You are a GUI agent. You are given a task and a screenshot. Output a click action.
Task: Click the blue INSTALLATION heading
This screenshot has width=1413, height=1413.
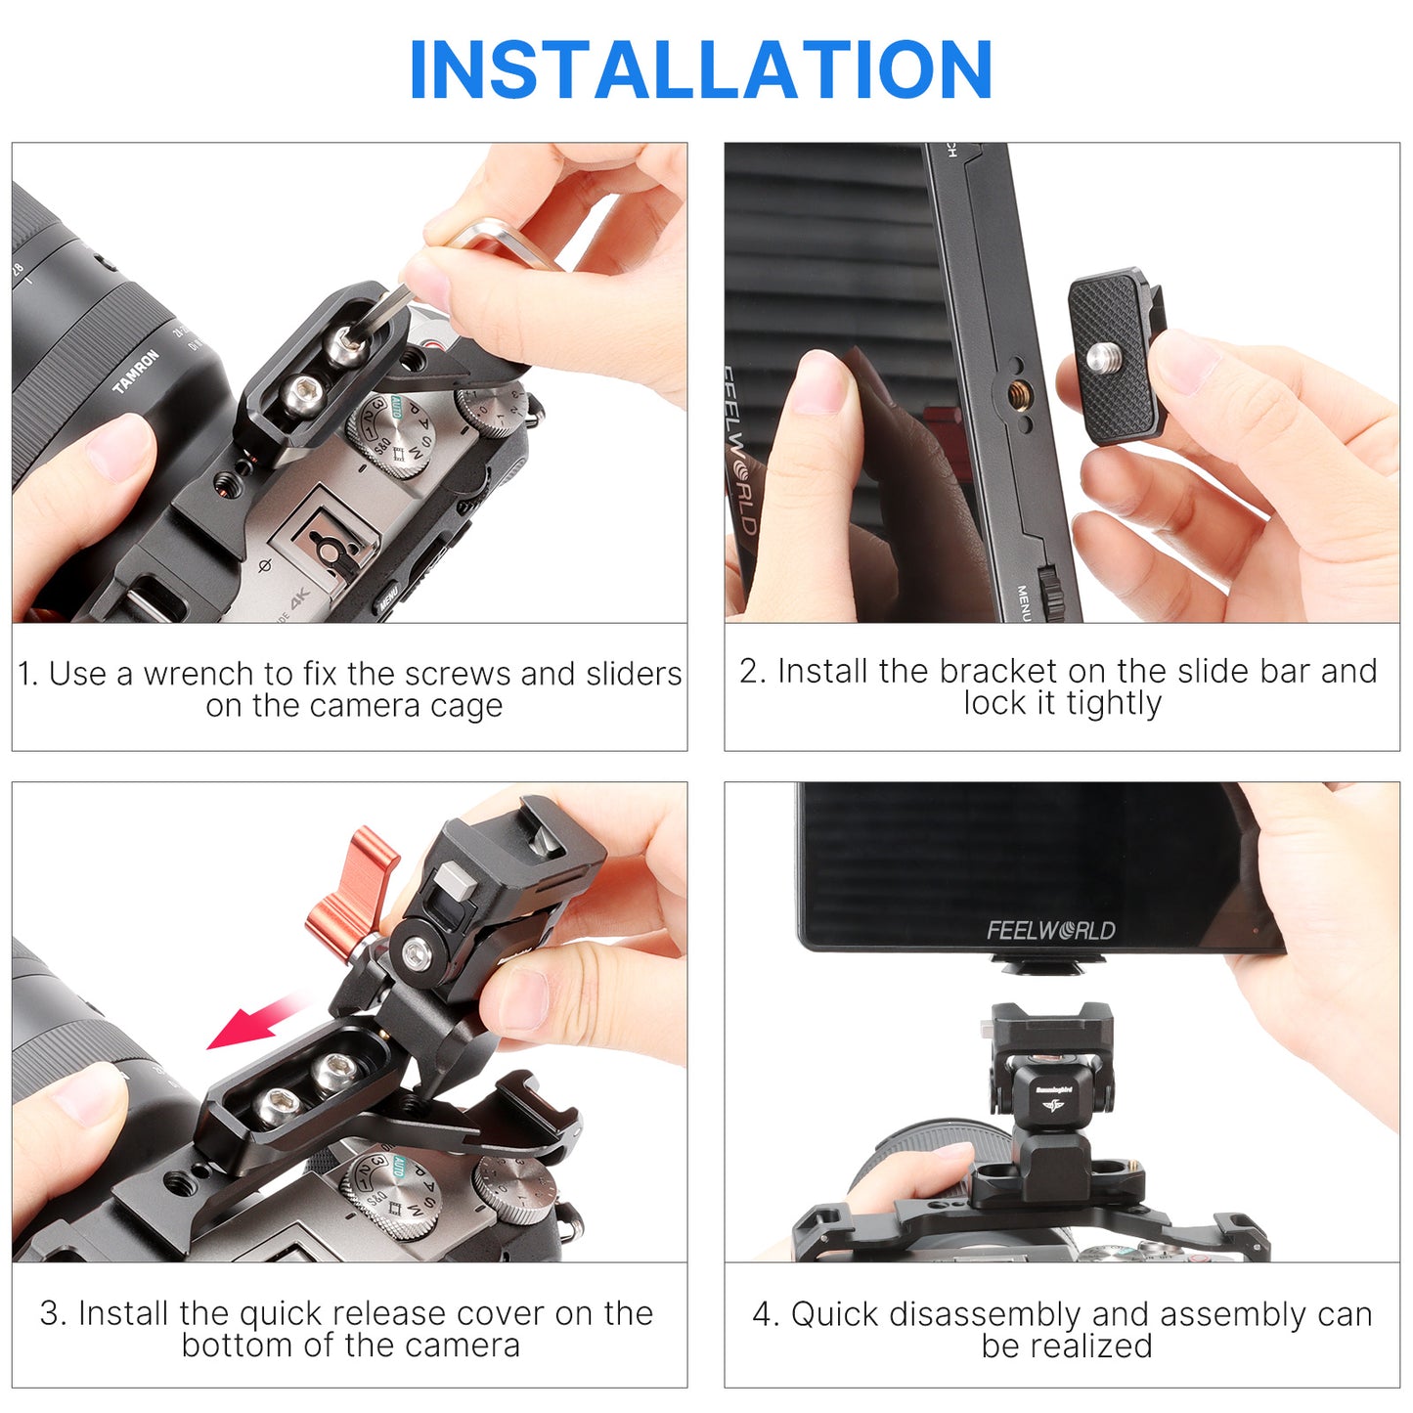[700, 68]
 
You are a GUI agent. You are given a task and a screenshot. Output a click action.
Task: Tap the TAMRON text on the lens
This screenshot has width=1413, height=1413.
[136, 371]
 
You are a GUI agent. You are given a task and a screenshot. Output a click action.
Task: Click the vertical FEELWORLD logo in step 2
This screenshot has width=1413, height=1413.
[739, 450]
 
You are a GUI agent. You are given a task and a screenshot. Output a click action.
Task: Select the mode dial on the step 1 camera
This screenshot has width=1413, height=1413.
[391, 434]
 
